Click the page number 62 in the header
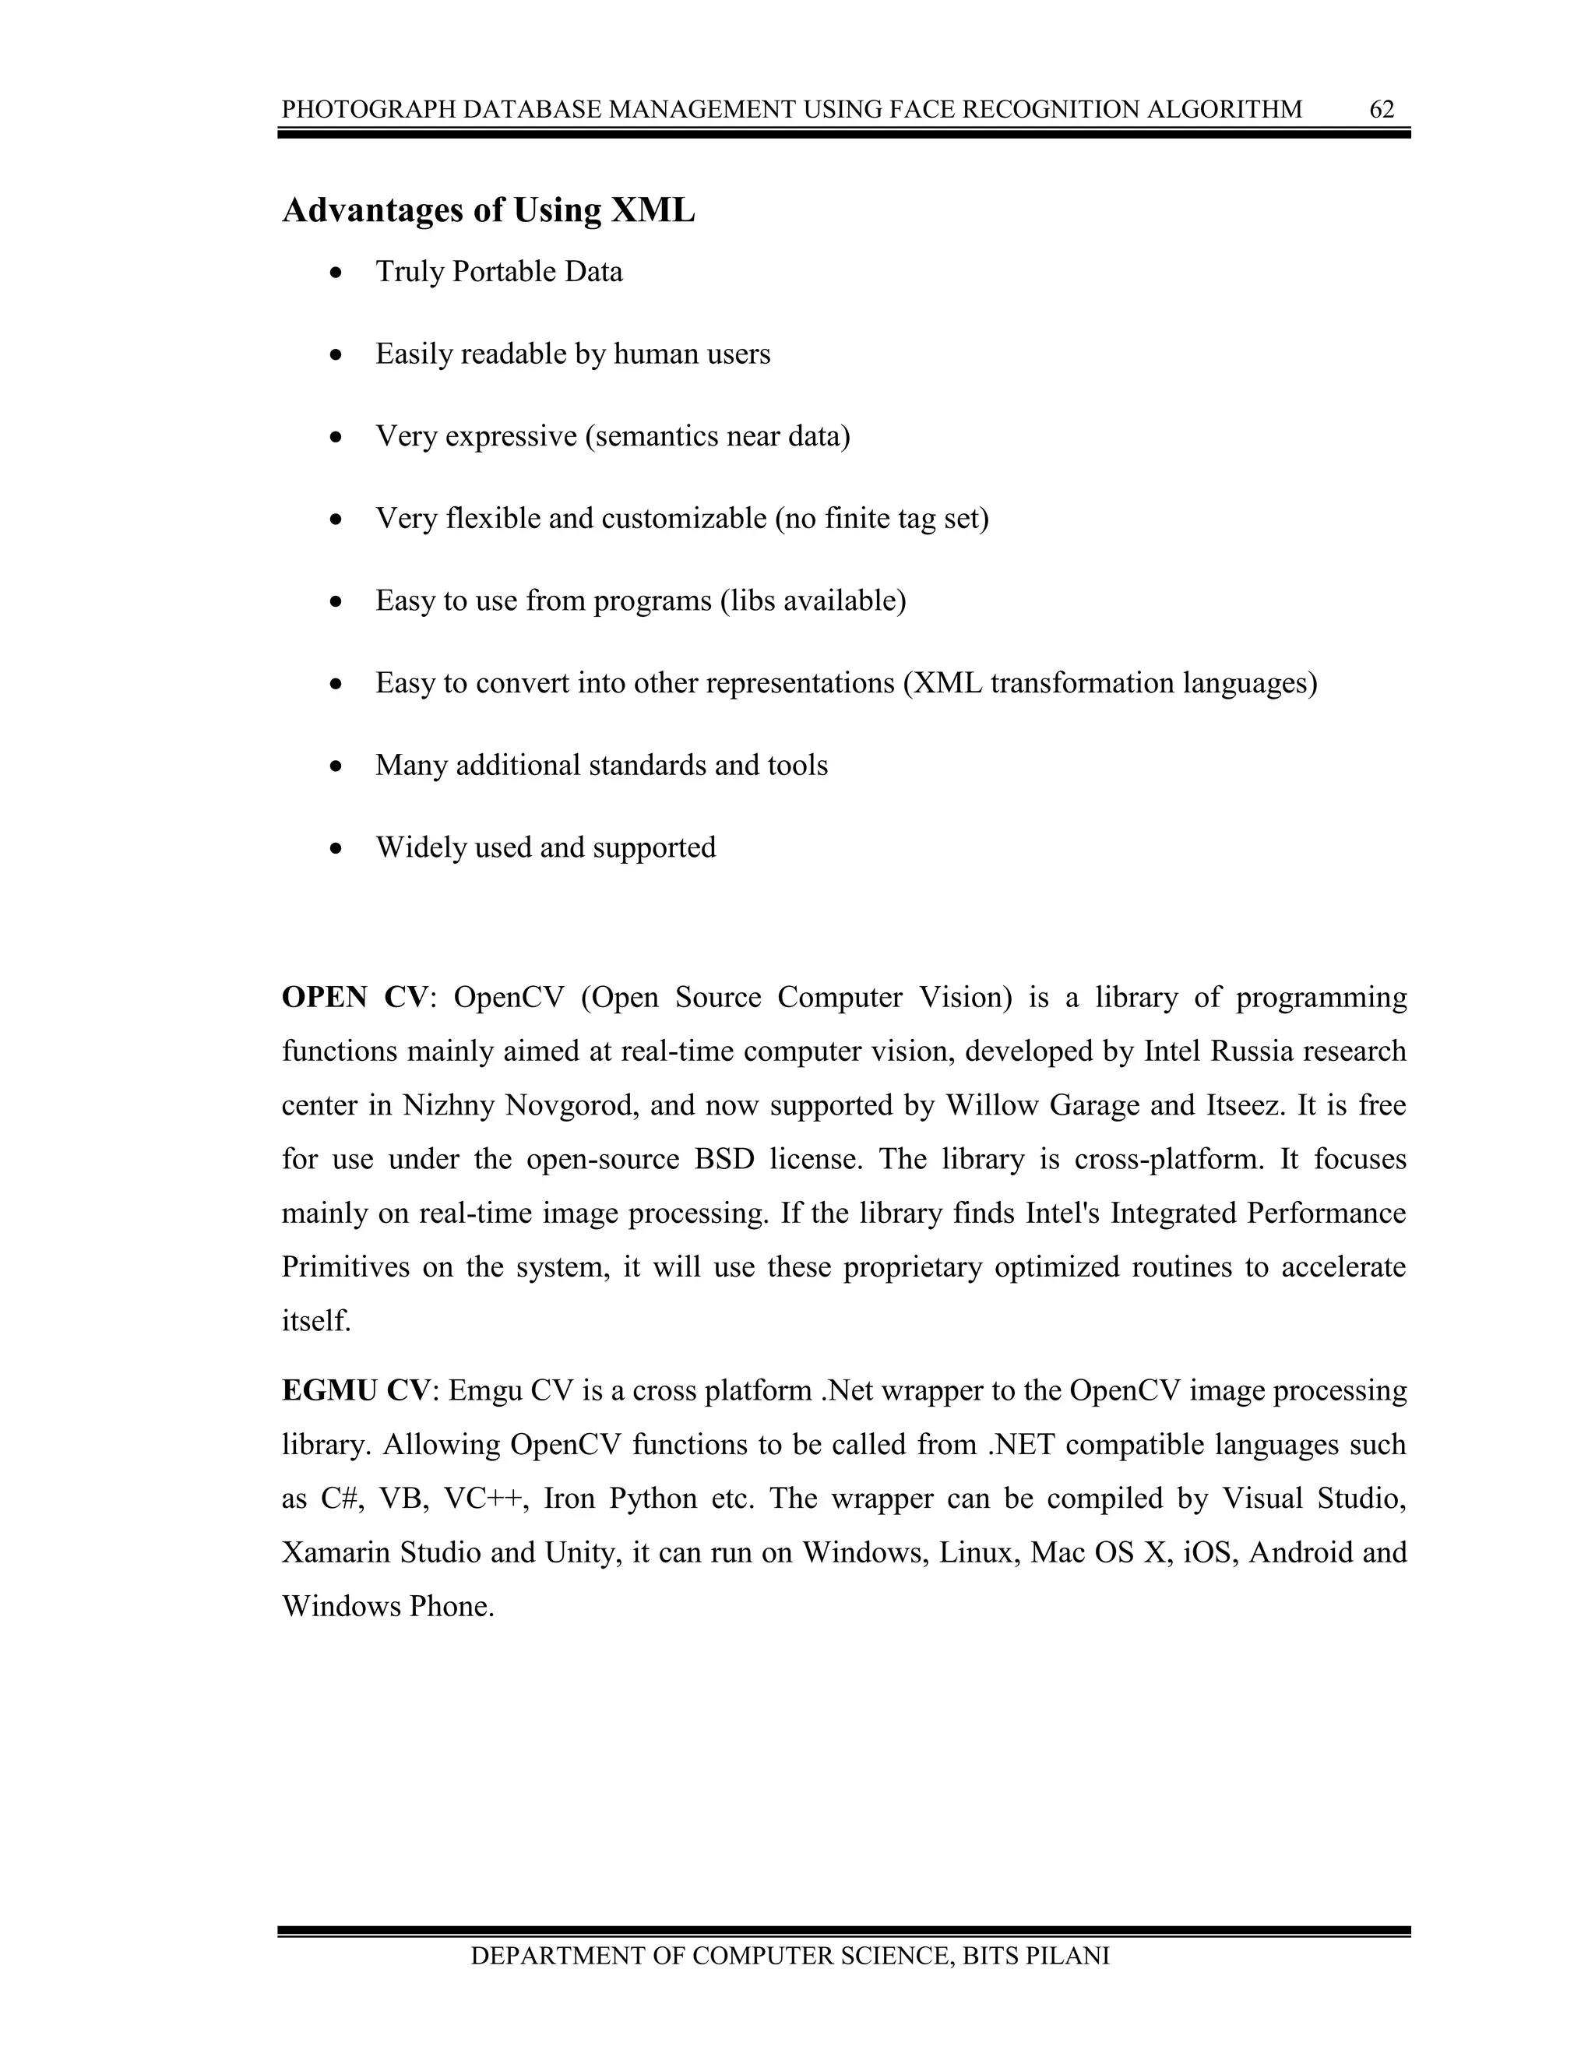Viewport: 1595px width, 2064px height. (1382, 110)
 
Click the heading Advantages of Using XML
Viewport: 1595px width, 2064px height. (488, 210)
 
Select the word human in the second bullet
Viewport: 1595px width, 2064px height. (650, 354)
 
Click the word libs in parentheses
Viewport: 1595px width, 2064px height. (746, 601)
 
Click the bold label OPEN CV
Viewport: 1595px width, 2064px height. (355, 998)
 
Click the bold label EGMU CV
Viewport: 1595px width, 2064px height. (355, 1391)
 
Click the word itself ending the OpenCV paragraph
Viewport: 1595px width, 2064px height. (315, 1321)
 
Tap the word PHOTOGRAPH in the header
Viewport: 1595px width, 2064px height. (347, 110)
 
